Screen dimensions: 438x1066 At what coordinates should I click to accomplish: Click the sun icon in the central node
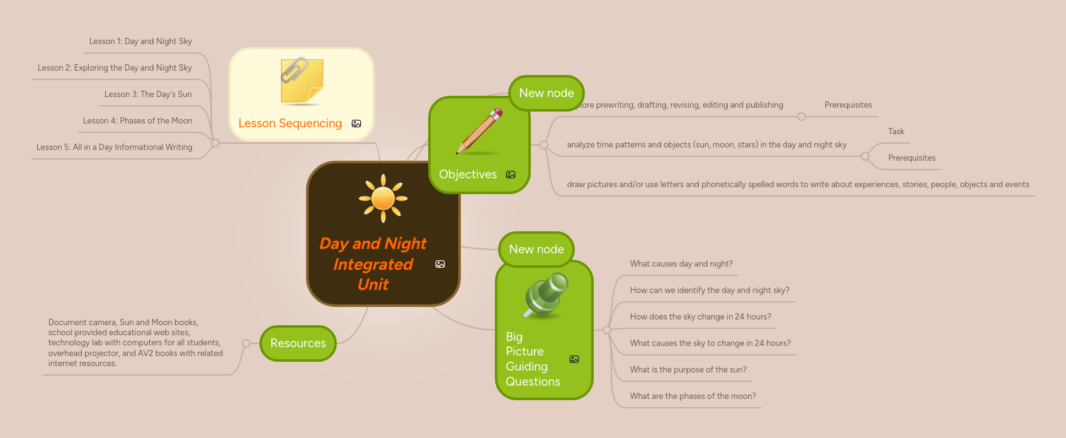tap(383, 199)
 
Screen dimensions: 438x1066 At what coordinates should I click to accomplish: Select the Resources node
tap(298, 343)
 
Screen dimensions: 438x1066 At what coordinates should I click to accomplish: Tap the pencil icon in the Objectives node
tap(480, 131)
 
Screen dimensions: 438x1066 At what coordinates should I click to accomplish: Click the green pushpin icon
tap(546, 294)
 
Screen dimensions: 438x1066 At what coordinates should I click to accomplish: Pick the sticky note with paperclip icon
tap(302, 81)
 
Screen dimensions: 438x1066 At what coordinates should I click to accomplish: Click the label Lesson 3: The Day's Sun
tap(148, 95)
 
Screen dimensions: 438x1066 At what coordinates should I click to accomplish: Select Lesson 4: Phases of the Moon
tap(137, 121)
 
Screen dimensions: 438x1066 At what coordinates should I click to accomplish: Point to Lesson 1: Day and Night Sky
tap(140, 42)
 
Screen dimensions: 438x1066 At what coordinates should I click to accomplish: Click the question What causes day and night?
tap(681, 264)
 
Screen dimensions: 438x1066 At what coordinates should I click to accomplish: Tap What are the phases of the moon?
tap(693, 396)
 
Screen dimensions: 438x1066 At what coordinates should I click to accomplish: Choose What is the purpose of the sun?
tap(688, 370)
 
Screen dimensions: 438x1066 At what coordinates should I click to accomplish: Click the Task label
tap(896, 132)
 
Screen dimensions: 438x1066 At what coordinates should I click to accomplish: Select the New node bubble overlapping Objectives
tap(546, 93)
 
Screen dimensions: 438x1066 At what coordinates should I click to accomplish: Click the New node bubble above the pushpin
tap(536, 250)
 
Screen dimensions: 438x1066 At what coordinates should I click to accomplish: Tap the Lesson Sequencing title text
tap(290, 124)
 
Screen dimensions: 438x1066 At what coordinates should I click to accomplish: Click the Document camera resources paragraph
tap(135, 343)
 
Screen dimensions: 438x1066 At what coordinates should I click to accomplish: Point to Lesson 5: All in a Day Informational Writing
tap(114, 147)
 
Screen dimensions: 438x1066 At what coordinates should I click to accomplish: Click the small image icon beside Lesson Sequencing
tap(356, 124)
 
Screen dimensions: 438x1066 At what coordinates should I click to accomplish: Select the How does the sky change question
tap(700, 317)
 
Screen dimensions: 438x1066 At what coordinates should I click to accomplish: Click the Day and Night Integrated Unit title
tap(373, 264)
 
